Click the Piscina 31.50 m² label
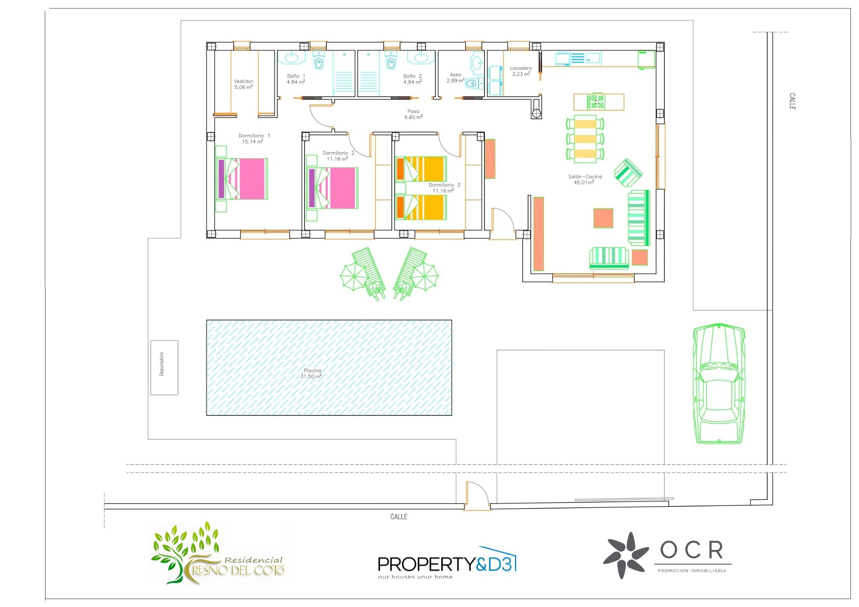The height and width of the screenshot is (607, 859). click(x=311, y=374)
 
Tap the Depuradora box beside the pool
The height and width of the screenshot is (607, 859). click(x=164, y=368)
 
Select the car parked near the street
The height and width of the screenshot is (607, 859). click(x=718, y=384)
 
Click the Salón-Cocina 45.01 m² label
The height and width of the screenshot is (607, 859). click(x=585, y=179)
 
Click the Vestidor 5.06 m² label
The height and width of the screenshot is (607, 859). click(x=243, y=84)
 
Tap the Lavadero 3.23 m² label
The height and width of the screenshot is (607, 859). click(x=521, y=71)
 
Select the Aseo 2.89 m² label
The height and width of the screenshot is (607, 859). click(x=455, y=78)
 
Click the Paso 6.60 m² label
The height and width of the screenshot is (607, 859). click(x=413, y=114)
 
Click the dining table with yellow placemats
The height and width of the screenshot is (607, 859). click(x=585, y=138)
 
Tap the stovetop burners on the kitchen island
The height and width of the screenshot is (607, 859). click(x=596, y=102)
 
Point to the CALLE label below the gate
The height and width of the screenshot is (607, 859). click(x=398, y=517)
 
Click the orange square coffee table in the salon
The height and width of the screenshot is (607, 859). click(x=603, y=218)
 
